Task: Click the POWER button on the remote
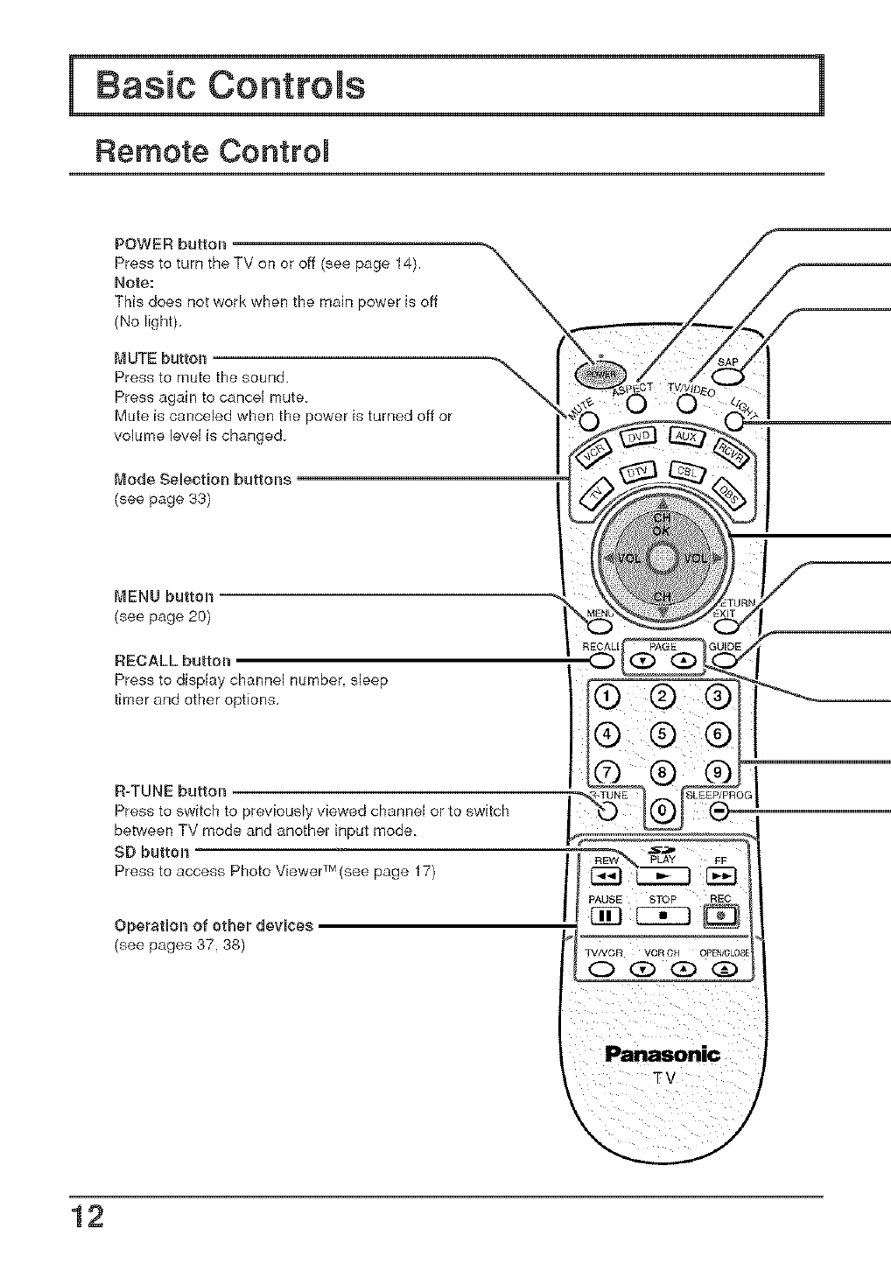click(596, 373)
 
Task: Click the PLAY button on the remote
click(663, 876)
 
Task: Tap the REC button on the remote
click(726, 916)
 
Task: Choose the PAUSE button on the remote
click(606, 916)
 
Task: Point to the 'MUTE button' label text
click(161, 358)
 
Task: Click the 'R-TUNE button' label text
click(171, 792)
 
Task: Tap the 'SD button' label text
click(151, 852)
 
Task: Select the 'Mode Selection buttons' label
click(203, 479)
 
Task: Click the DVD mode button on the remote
click(642, 438)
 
